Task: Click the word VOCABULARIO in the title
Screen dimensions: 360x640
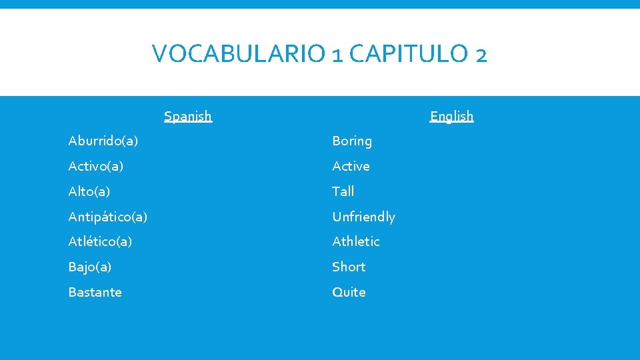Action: pos(239,53)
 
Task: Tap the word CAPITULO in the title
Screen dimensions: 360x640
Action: pos(409,53)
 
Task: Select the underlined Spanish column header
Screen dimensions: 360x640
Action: pos(188,116)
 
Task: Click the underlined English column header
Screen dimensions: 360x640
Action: pos(451,116)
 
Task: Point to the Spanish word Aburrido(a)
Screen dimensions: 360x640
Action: pos(103,141)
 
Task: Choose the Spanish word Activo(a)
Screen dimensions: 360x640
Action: pos(96,166)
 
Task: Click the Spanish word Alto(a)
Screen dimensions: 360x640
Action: pos(89,191)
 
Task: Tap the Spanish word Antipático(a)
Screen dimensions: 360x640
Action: pos(108,217)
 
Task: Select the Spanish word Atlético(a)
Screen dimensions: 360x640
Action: pos(100,241)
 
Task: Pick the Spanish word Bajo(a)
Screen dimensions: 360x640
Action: pos(90,267)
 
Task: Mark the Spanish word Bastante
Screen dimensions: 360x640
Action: pos(95,292)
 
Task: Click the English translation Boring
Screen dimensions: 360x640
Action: pos(352,141)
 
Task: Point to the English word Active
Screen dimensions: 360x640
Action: pos(351,166)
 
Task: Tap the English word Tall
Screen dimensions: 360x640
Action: pos(343,191)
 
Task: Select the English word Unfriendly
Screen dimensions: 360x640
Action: pos(363,217)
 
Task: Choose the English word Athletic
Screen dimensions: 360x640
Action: pos(356,241)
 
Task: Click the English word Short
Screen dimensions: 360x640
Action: pos(349,267)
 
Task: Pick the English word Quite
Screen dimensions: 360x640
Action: pos(349,292)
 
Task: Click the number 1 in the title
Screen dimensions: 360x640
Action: pos(337,55)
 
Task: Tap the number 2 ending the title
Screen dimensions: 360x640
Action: pos(481,55)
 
